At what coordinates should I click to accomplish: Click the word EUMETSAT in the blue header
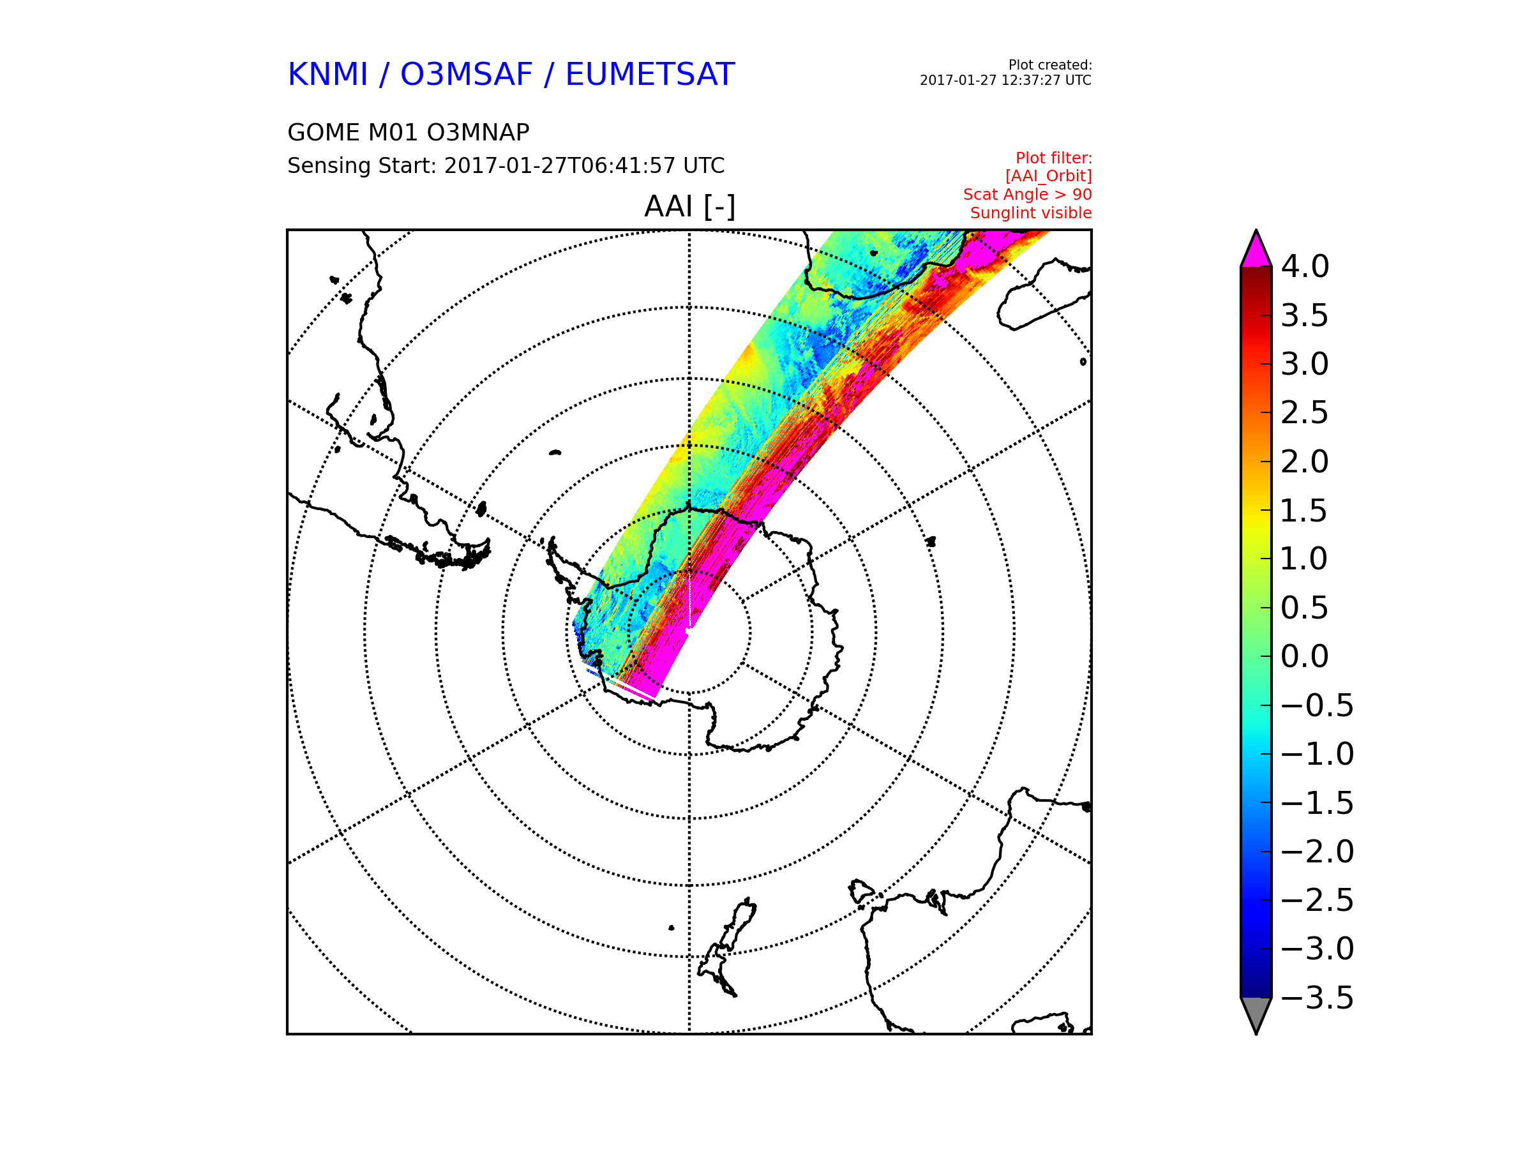[x=650, y=74]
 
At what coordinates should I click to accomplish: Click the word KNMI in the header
[x=327, y=74]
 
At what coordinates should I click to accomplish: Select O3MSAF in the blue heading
[x=467, y=74]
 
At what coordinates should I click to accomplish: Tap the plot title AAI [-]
[x=690, y=206]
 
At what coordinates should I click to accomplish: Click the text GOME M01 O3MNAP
[x=409, y=132]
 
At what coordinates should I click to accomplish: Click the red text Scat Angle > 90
[x=1028, y=195]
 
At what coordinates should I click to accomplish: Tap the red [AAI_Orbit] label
[x=1049, y=177]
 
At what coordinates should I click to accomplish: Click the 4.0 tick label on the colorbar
[x=1305, y=267]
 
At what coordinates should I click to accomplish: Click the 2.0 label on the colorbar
[x=1305, y=462]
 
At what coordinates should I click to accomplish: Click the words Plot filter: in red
[x=1054, y=158]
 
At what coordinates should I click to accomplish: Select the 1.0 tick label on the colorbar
[x=1305, y=559]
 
